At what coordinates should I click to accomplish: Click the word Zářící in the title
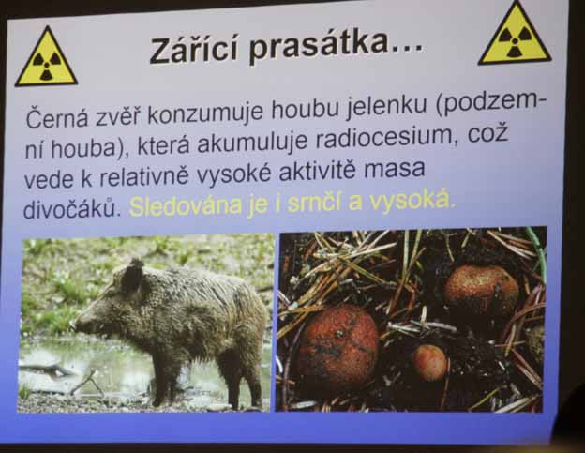193,50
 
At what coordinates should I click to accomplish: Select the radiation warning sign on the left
46,56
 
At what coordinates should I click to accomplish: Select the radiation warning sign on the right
516,34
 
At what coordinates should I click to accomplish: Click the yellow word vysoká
412,202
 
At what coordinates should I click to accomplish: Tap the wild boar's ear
132,276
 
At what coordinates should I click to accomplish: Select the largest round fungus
338,345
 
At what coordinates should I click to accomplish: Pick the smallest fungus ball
430,362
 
